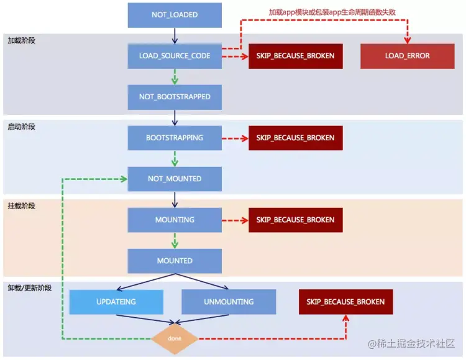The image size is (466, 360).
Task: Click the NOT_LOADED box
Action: point(175,15)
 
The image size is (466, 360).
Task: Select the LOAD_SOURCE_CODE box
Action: point(175,56)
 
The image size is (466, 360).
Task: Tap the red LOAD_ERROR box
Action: point(407,56)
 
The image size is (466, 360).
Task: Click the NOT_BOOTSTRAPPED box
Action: point(175,97)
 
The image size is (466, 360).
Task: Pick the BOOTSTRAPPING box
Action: point(175,138)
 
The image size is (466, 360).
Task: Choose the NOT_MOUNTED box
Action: point(175,179)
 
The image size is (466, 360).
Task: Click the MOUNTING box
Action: point(175,220)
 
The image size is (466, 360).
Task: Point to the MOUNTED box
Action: point(175,261)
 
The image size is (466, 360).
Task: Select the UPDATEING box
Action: point(116,302)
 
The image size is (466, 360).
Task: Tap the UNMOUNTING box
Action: point(229,302)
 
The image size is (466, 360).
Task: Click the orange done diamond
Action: point(175,339)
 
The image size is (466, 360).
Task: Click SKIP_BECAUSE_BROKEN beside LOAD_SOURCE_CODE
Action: point(295,56)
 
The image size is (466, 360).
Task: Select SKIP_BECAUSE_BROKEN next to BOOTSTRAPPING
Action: point(295,138)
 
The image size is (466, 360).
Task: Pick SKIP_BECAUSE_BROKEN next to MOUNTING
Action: point(295,220)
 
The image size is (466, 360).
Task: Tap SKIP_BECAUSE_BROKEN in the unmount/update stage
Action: point(345,302)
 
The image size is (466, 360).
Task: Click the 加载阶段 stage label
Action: point(22,40)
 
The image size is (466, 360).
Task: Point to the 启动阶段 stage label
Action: point(22,127)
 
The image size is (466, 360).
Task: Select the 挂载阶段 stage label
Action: point(22,205)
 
